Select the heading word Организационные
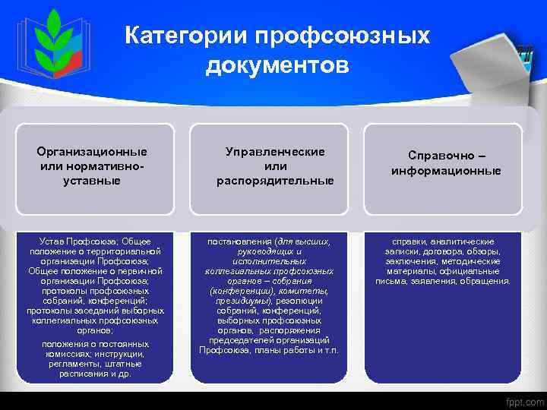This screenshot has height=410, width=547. click(x=93, y=151)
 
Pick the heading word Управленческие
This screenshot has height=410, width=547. click(x=275, y=151)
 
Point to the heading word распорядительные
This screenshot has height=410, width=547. click(x=275, y=181)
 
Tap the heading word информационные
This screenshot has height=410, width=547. click(x=446, y=171)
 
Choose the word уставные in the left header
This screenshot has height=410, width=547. click(x=93, y=181)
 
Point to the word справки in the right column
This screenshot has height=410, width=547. click(x=408, y=241)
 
